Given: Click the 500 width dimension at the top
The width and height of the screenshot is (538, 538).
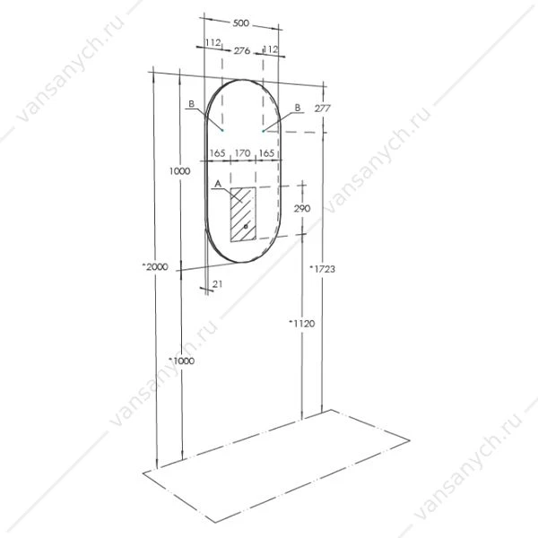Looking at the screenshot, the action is click(x=241, y=23).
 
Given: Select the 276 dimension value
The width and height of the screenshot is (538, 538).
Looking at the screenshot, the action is click(x=242, y=51).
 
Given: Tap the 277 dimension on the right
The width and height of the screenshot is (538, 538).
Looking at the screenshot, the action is click(x=322, y=108).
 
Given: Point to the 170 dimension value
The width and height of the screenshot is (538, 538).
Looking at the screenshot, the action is click(x=243, y=153).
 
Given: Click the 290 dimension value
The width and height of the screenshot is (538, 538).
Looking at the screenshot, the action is click(x=302, y=208).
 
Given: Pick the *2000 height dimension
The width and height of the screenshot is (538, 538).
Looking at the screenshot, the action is click(x=155, y=266).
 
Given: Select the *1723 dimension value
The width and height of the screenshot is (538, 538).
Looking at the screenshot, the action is click(x=323, y=269).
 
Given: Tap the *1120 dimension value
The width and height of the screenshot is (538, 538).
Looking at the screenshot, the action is click(x=302, y=323).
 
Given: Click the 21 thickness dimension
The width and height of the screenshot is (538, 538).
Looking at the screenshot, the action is click(x=217, y=283).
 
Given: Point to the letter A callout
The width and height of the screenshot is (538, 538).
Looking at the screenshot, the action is click(x=218, y=184).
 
